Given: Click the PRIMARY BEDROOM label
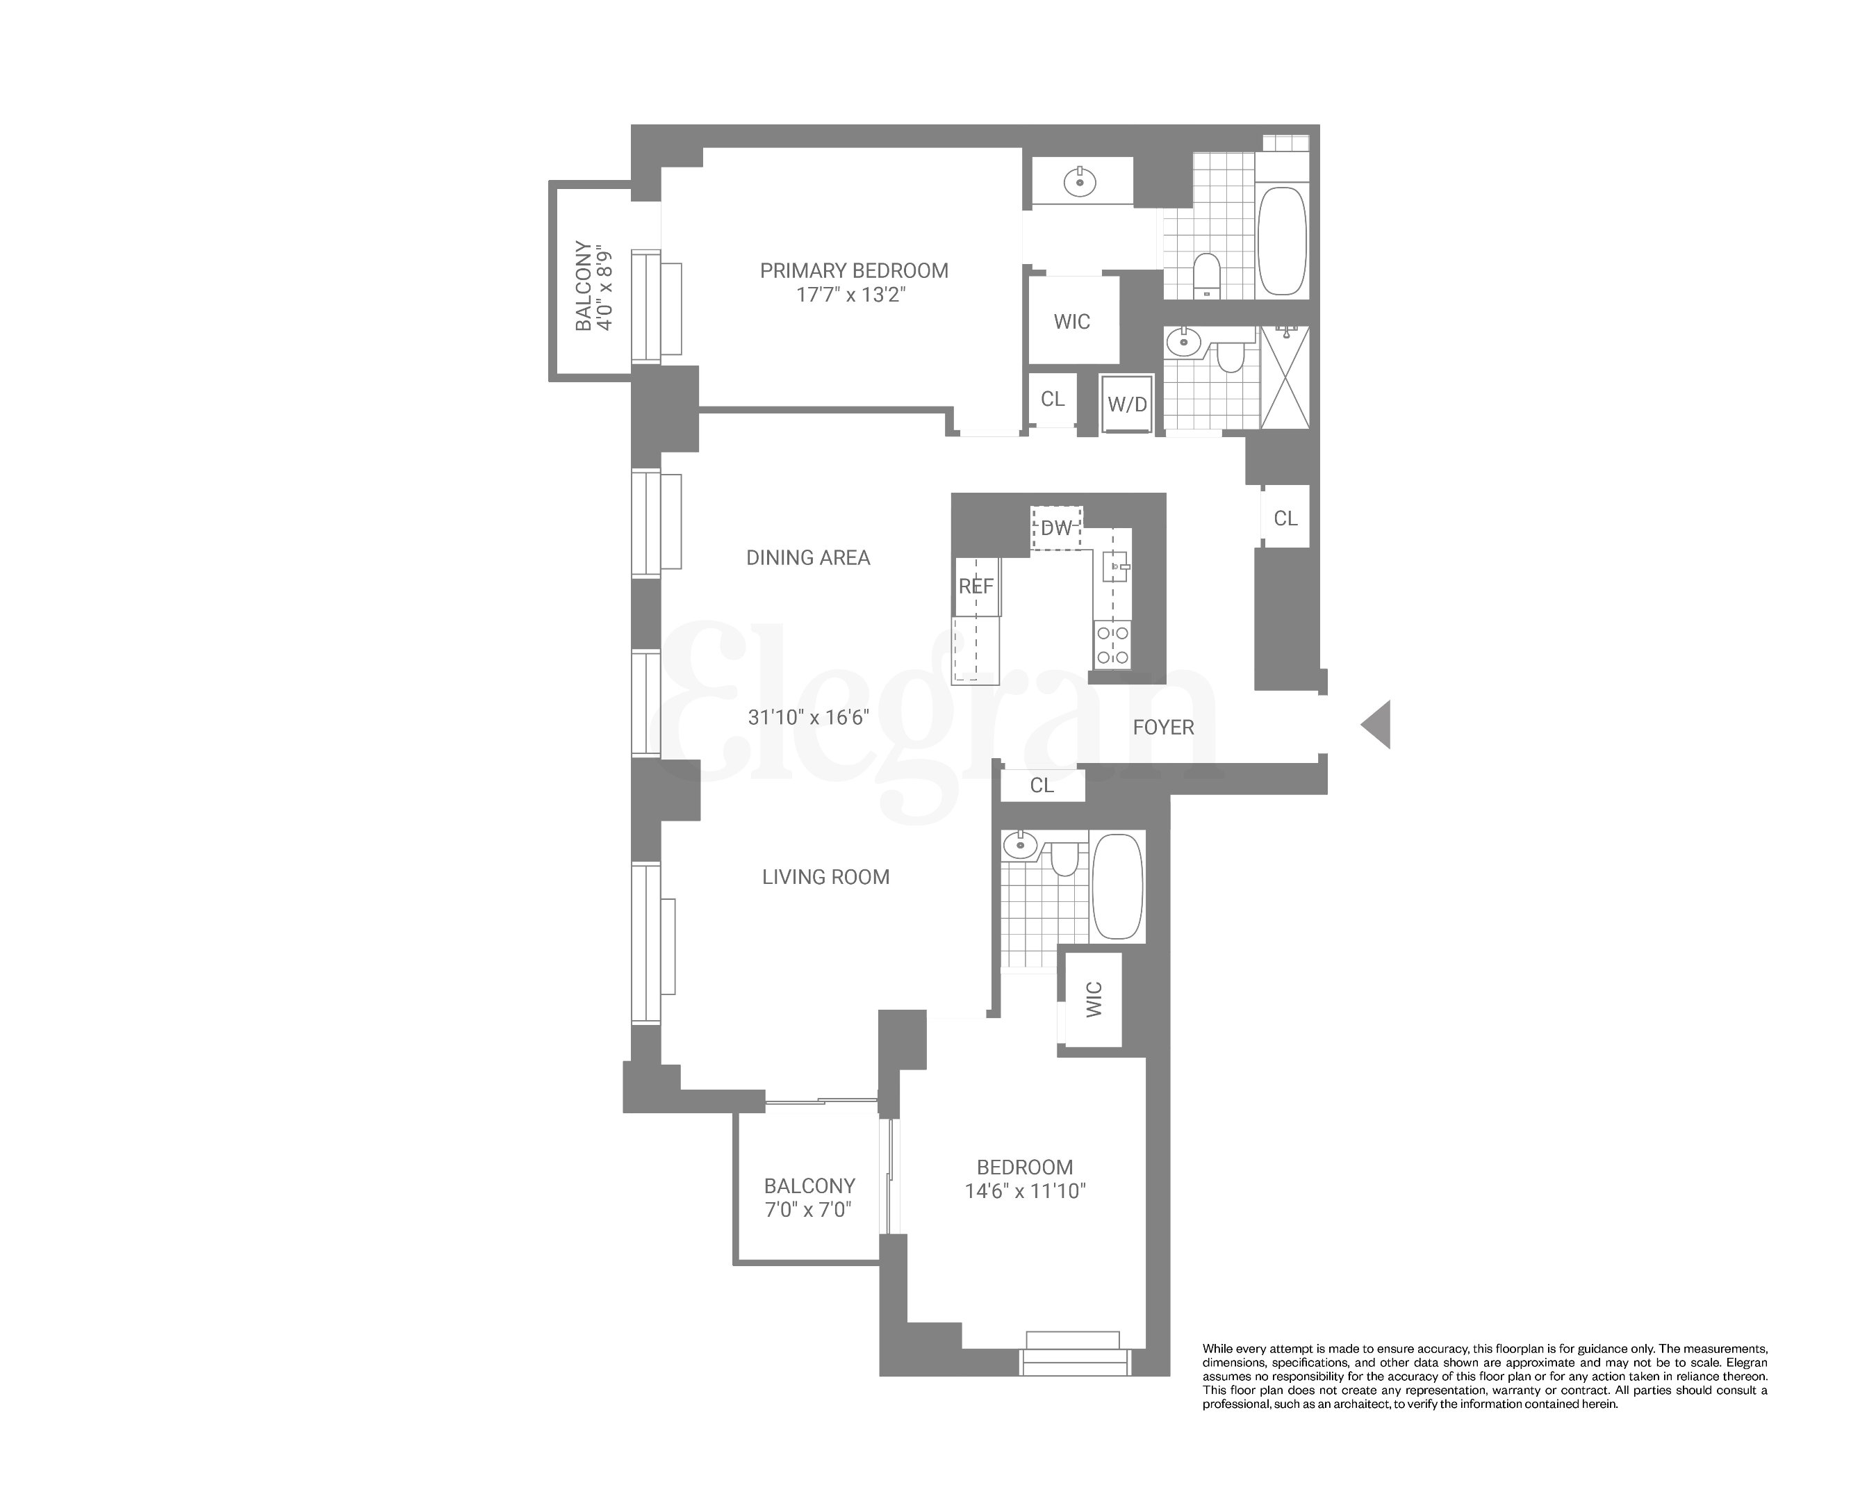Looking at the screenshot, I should coord(854,270).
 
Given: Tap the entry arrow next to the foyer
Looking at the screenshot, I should coord(1376,724).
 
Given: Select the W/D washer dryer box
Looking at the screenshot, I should coord(1127,404).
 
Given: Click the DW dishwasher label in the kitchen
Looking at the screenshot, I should coord(1056,528).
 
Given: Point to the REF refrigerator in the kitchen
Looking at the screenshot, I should coord(976,587).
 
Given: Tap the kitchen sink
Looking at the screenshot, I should coord(1114,566).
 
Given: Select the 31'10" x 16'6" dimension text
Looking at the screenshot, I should coord(808,717).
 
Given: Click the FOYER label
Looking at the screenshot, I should coord(1162,728).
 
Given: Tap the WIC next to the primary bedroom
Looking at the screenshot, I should coord(1071,322).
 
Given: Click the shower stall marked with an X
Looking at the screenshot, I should coord(1285,377).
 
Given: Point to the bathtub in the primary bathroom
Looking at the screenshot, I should coord(1282,240).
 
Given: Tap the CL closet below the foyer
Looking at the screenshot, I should coord(1042,785).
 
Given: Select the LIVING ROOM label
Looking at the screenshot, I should coord(825,877).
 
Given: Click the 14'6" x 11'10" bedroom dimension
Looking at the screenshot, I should coord(1025,1191).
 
